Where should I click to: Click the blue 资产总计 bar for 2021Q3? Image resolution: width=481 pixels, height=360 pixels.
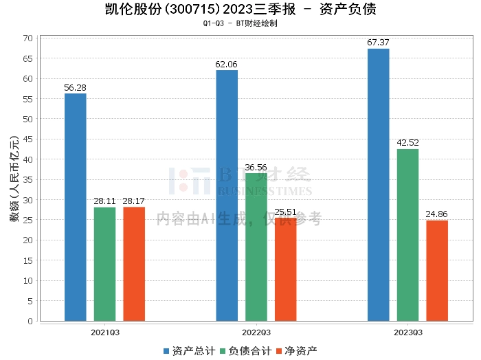point(76,207)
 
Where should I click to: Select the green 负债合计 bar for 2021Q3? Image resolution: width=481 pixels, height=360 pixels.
point(104,264)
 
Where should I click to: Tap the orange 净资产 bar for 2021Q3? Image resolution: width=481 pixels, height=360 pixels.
point(134,264)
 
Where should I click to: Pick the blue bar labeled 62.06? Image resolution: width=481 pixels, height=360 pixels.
point(227,196)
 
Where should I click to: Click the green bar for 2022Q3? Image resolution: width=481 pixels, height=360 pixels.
point(256,247)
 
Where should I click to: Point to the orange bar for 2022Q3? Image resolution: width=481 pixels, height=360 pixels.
point(286,269)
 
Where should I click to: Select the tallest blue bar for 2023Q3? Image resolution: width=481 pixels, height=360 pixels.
point(378,185)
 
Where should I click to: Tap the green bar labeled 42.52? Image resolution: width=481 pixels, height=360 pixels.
point(407,235)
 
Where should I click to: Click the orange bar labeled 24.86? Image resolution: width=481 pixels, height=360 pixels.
point(437,271)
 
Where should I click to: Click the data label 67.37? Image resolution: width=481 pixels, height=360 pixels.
point(378,43)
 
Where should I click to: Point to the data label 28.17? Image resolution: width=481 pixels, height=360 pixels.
point(134,201)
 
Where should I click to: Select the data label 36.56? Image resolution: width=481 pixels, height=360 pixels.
point(256,168)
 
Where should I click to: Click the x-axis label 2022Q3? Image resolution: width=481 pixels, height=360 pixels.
point(256,333)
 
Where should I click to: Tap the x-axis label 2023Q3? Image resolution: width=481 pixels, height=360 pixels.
point(408,333)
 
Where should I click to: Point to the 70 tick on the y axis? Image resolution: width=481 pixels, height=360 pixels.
point(28,38)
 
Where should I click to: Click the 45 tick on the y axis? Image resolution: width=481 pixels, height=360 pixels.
point(28,139)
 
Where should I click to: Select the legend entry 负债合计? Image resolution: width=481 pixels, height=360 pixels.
point(246,351)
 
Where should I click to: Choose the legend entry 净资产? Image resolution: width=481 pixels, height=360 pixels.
point(296,351)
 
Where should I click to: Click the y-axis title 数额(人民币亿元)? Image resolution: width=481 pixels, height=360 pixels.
point(14,179)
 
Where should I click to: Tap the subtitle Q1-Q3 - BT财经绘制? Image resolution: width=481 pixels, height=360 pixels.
point(240,23)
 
